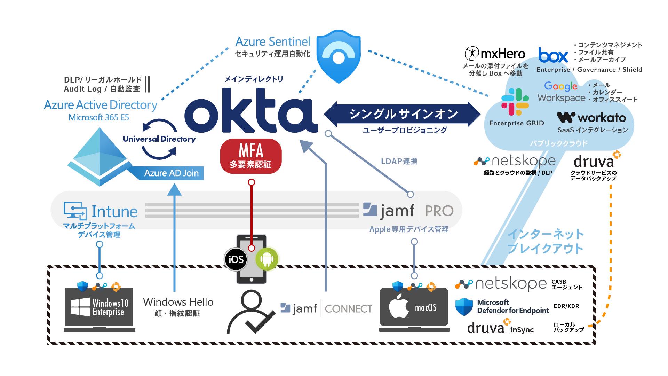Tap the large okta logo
[x=251, y=111]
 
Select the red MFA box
[x=250, y=156]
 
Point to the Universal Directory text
[x=159, y=139]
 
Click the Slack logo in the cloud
[x=515, y=102]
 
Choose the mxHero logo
[x=495, y=54]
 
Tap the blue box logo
[x=553, y=55]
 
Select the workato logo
[x=591, y=118]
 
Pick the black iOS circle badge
[x=236, y=259]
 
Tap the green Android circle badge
[x=267, y=259]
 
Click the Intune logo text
[x=101, y=211]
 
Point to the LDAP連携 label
[x=399, y=162]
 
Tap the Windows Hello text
[x=178, y=302]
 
